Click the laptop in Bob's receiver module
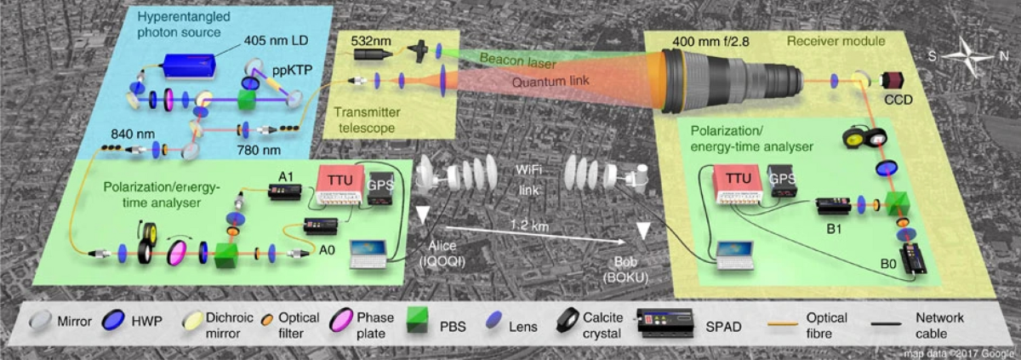(734, 253)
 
